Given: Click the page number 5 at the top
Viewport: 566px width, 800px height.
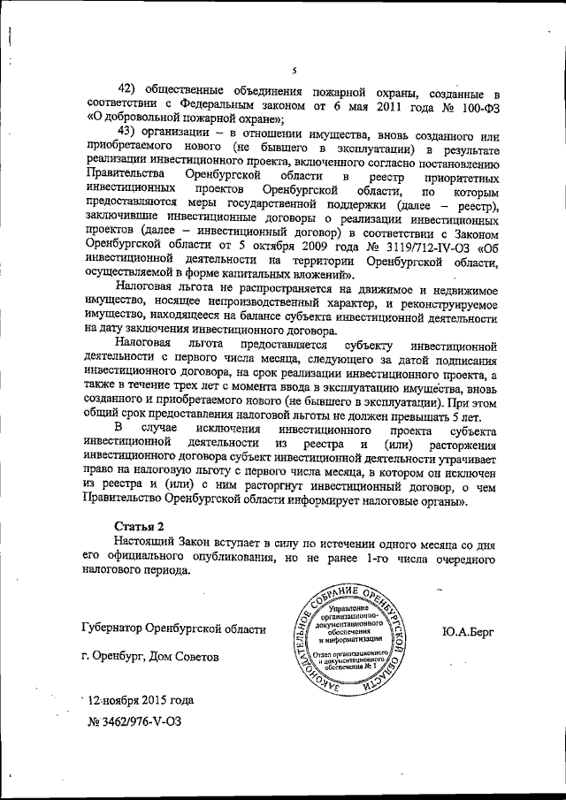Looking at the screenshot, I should (x=294, y=70).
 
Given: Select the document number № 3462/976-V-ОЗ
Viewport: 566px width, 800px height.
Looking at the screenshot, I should (x=134, y=722).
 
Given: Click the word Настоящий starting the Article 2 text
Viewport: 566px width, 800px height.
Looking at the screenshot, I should (x=145, y=542).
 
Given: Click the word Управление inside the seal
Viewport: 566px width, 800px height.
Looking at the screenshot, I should (x=353, y=609).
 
